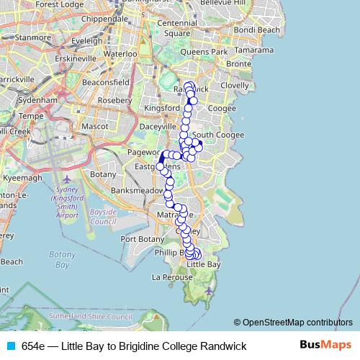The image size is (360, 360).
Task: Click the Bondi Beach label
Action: (x=256, y=30)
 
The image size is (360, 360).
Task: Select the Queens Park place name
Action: (x=204, y=52)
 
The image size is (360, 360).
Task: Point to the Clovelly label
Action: (x=235, y=85)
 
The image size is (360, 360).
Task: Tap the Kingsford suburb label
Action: (x=162, y=108)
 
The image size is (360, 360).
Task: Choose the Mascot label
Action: (x=94, y=126)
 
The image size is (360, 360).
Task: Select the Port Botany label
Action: (x=142, y=239)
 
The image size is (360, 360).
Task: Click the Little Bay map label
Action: (x=204, y=265)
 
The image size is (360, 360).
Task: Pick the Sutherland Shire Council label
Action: (x=95, y=316)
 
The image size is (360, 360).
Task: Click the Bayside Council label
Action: (x=104, y=217)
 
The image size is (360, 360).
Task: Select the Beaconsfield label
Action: (x=105, y=83)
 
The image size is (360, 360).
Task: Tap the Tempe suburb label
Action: (x=30, y=115)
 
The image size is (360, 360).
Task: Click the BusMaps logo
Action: (x=325, y=346)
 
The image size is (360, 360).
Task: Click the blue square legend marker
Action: (x=10, y=346)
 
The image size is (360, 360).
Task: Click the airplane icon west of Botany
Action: (x=67, y=179)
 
